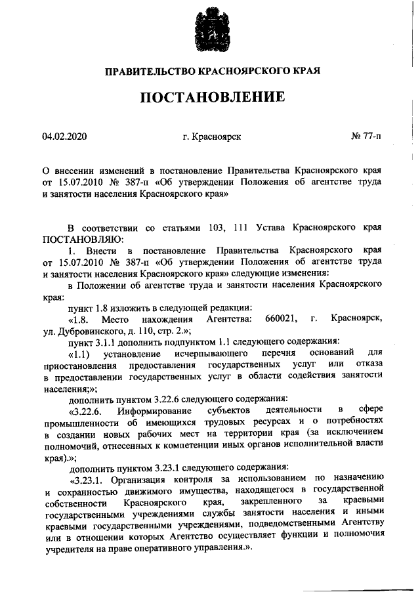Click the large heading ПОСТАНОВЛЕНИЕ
tap(211, 98)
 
